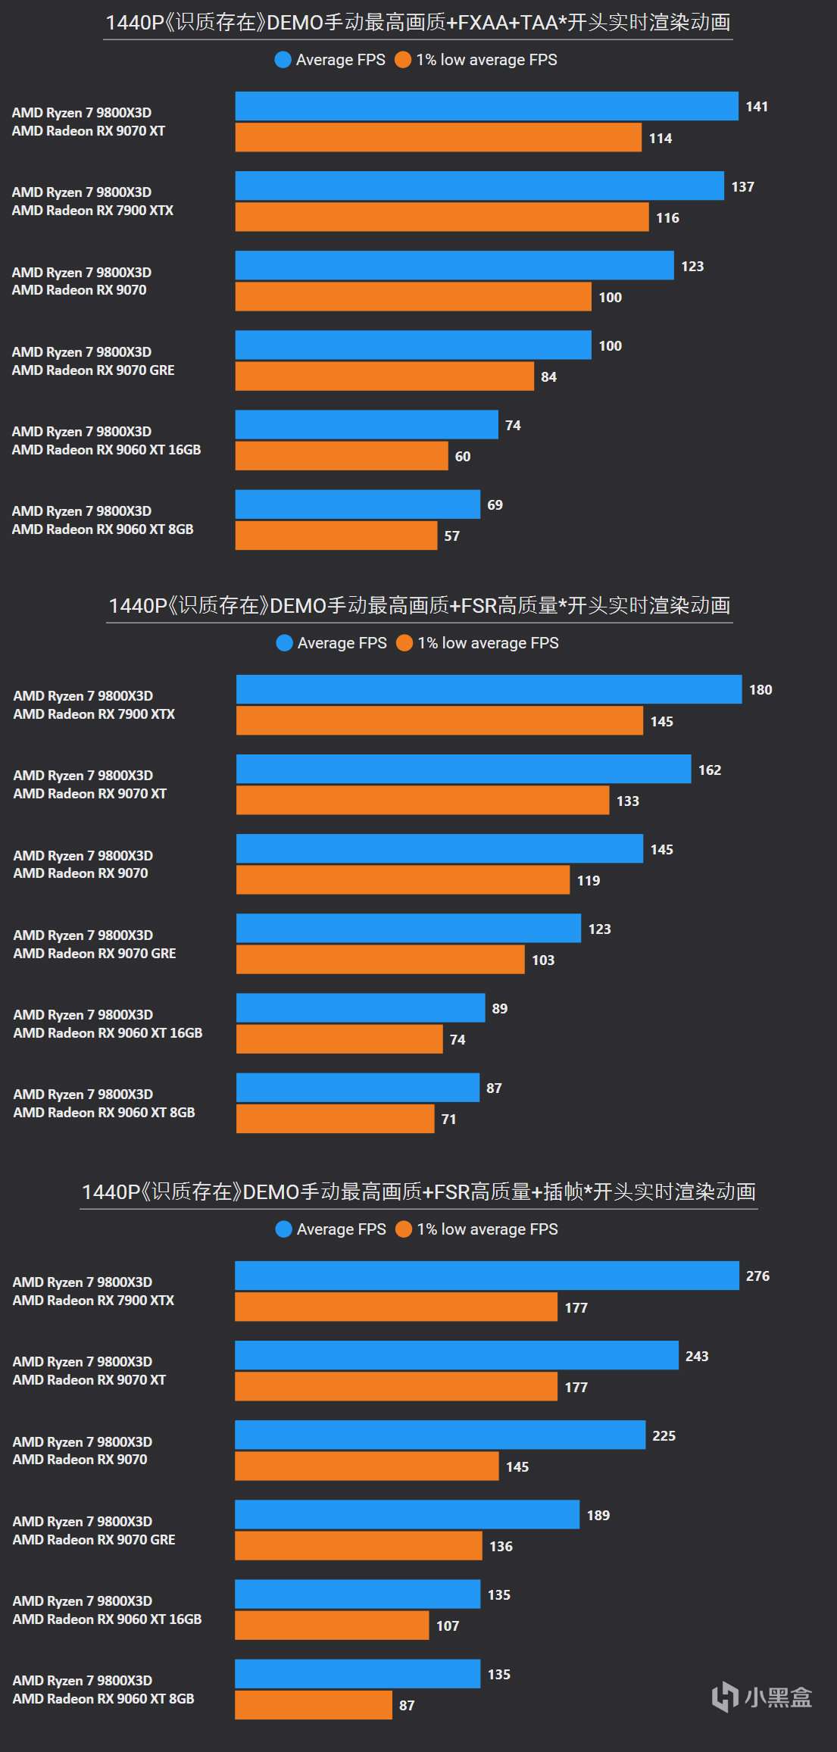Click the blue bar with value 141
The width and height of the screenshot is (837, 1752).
coord(486,106)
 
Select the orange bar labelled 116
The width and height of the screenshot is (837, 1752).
coord(442,217)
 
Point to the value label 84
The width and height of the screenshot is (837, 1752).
coord(549,376)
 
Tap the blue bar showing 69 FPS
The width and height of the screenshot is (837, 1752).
coord(358,504)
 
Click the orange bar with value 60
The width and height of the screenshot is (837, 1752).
coord(341,455)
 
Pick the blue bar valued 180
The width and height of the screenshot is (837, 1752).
coord(489,689)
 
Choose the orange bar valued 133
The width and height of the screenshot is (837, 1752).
coord(423,800)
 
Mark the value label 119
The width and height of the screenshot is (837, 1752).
coord(589,880)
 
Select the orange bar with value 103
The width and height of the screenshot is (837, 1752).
coord(380,959)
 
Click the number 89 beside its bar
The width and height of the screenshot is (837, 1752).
coord(500,1008)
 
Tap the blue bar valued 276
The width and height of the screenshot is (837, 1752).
coord(486,1276)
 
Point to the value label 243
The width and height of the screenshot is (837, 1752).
coord(697,1356)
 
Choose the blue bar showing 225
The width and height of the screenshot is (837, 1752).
coord(440,1435)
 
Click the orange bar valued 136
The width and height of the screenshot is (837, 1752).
coord(358,1545)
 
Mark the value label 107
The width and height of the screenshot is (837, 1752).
coord(448,1626)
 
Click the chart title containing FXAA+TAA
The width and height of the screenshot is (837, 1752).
coord(418,23)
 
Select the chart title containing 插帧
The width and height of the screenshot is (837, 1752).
coord(418,1191)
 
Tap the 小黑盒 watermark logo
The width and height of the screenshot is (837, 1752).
coord(761,1697)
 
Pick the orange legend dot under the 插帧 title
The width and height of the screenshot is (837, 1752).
coord(404,1229)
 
